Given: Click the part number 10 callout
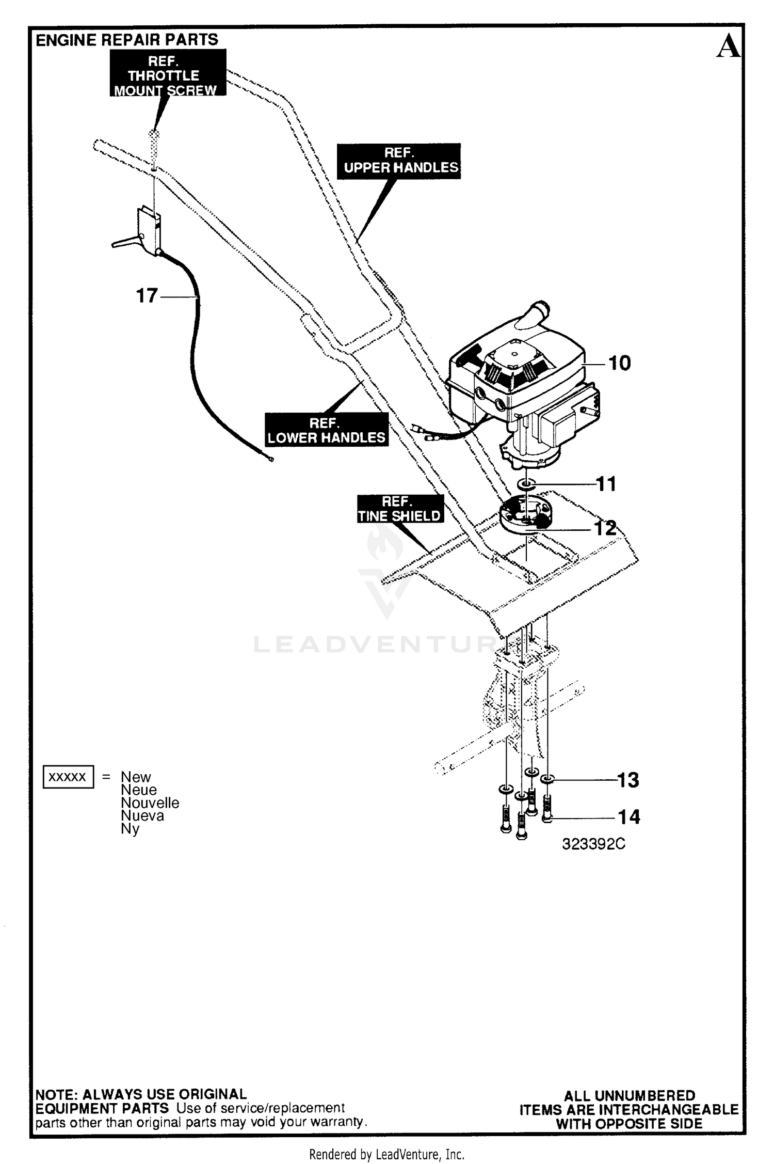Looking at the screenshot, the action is pos(619,363).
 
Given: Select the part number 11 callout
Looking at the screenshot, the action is pos(606,484).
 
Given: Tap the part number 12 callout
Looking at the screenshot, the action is pos(605,528).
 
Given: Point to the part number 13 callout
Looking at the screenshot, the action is pos(628,780).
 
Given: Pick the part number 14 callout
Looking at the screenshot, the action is pos(629,817).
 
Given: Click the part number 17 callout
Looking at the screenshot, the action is pos(147,296).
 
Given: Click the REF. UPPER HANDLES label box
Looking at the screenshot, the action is pos(399,161).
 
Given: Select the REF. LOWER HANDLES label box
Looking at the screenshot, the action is pos(326,430).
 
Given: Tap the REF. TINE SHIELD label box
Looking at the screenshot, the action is pos(400,509).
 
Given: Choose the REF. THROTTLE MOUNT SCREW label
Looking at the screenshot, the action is pos(168,73).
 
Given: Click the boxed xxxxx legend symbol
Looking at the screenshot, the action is pos(68,777).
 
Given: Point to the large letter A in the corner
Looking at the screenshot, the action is pos(729,46).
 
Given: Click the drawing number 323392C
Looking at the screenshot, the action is pos(593,844).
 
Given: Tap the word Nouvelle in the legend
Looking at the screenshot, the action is pos(150,803).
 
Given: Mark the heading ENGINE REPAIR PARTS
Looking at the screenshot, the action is pos(127,40).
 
